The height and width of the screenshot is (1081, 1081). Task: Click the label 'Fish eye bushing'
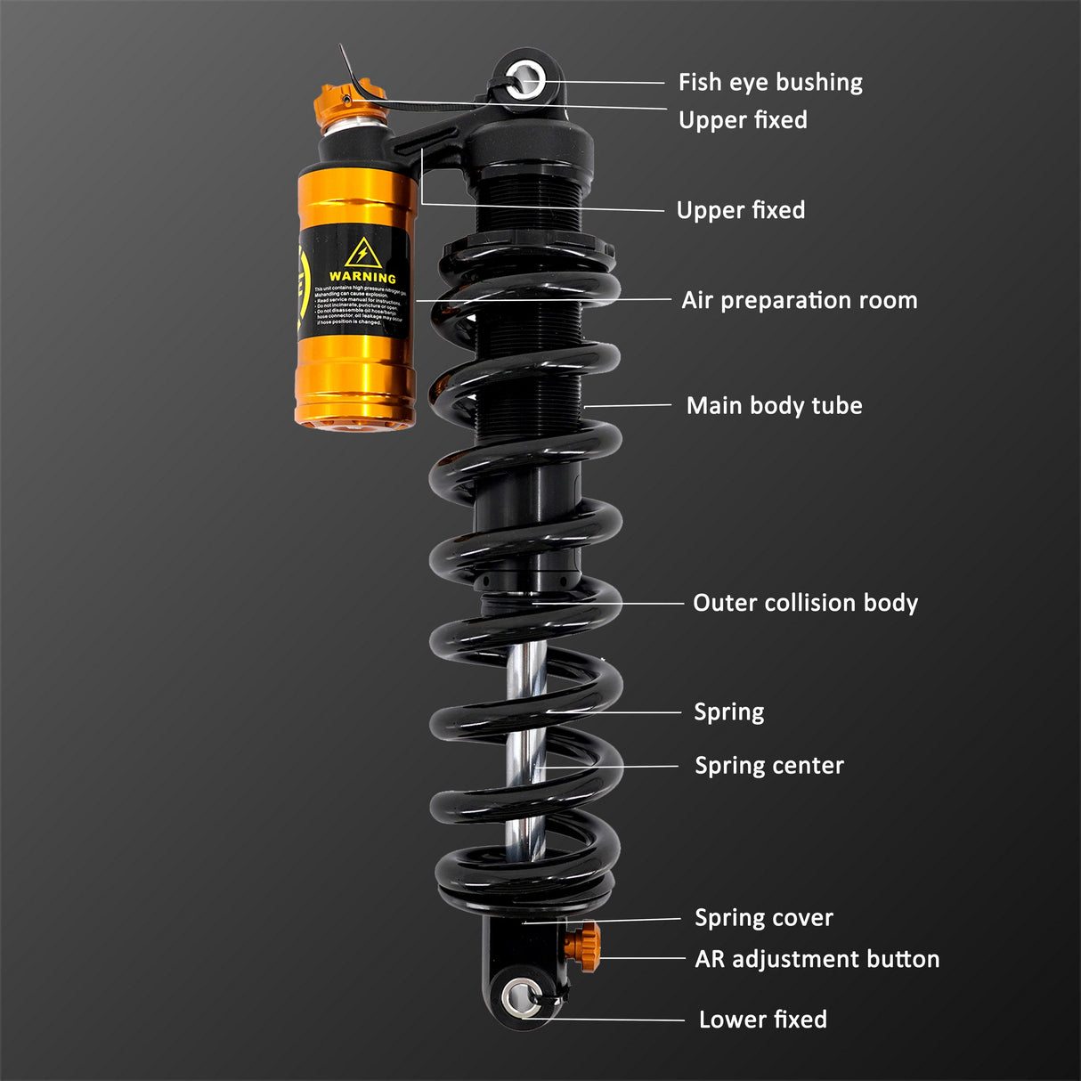point(770,83)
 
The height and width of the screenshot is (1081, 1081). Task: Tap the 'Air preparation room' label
point(799,300)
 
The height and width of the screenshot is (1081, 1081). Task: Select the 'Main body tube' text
point(774,406)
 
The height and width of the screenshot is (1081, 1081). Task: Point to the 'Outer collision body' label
point(805,603)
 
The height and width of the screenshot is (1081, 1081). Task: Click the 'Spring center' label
point(768,766)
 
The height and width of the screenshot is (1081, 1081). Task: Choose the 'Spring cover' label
point(763,918)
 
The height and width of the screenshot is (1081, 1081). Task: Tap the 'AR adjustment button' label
point(817,959)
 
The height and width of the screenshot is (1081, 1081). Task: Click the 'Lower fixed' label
point(762,1020)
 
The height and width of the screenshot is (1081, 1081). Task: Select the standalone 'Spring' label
point(728,712)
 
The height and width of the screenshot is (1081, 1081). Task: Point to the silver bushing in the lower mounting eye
point(520,997)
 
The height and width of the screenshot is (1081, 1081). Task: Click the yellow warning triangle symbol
point(362,254)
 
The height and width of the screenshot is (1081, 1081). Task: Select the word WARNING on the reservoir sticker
point(362,278)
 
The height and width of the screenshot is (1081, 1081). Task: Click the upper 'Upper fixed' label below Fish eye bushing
point(743,120)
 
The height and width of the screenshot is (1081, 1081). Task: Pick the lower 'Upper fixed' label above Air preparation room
point(740,210)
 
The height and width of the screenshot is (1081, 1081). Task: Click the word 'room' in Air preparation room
point(887,300)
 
